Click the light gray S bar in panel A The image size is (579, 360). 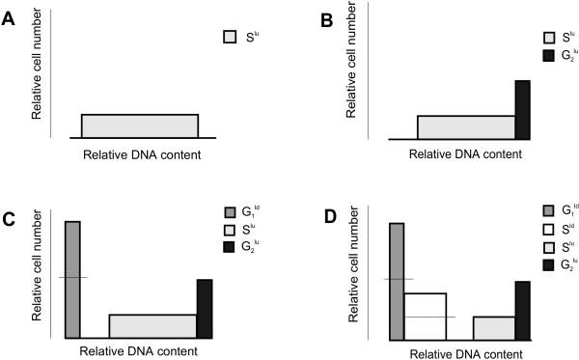(x=140, y=126)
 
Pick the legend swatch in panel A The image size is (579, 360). (x=230, y=38)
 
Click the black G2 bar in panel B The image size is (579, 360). (x=522, y=110)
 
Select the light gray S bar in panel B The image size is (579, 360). (x=466, y=127)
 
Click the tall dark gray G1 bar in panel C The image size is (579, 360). (x=72, y=279)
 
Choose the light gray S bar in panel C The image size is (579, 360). (x=152, y=325)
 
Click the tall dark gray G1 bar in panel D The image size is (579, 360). (x=397, y=281)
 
